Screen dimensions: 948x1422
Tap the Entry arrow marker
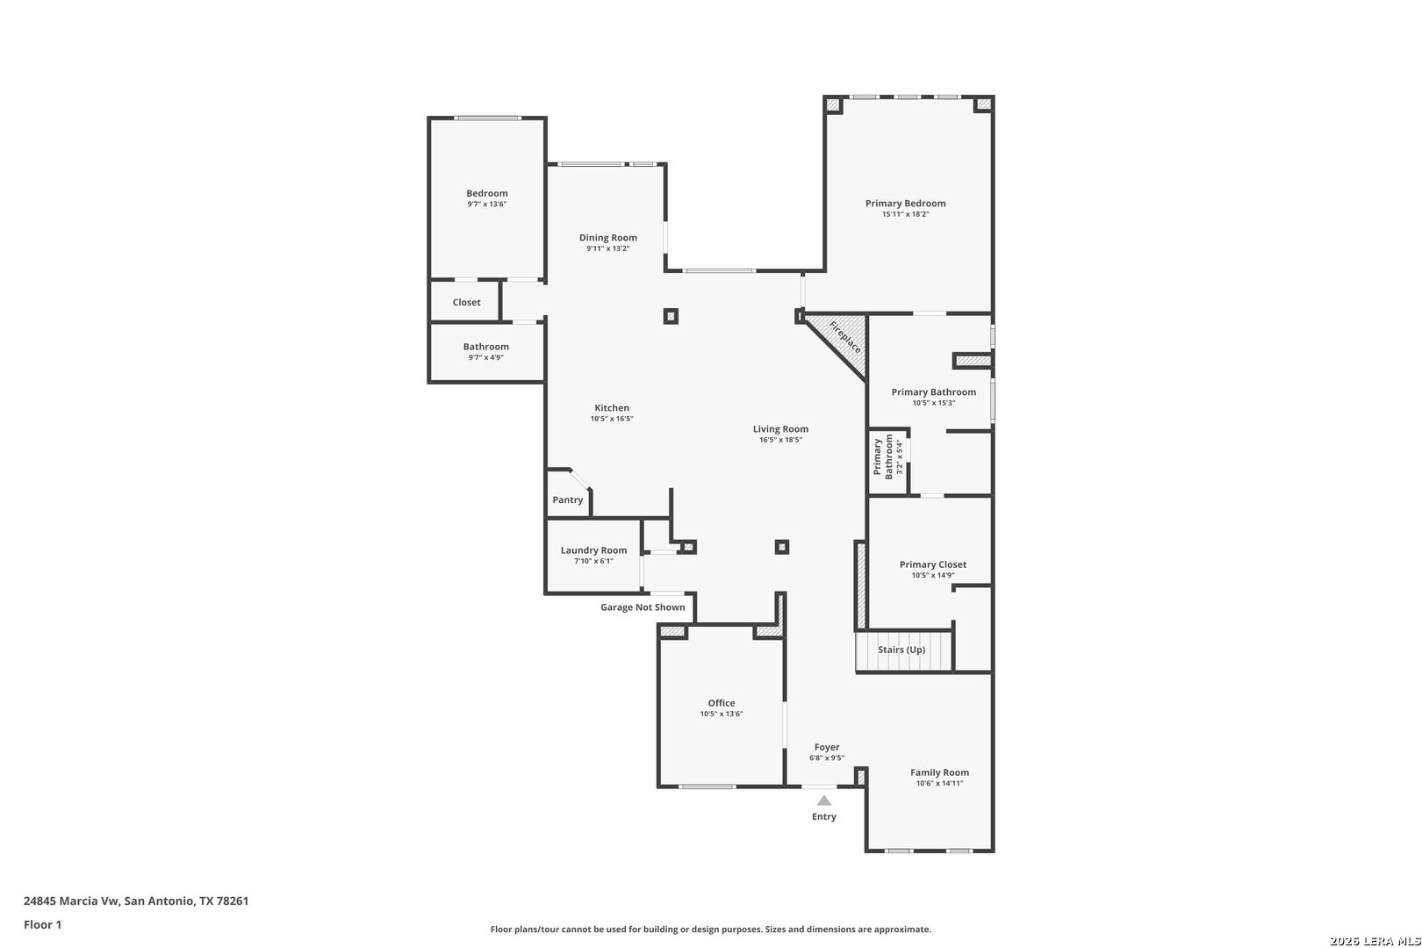tap(823, 801)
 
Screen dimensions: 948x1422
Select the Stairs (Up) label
tap(901, 650)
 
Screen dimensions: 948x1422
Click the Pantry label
tap(567, 500)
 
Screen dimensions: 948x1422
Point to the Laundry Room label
tap(593, 550)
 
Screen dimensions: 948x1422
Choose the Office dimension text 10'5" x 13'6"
tap(721, 715)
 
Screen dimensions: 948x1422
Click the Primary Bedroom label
tap(905, 204)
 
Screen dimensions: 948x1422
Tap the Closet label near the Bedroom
tap(466, 303)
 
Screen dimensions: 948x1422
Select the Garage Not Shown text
tap(643, 607)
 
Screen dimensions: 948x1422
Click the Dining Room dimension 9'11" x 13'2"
tap(607, 249)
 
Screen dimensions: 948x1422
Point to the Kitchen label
tap(612, 408)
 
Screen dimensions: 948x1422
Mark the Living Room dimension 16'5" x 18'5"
tap(780, 440)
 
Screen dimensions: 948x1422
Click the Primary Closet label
tap(932, 565)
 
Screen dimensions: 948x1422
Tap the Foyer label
tap(826, 748)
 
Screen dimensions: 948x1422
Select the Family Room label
tap(939, 773)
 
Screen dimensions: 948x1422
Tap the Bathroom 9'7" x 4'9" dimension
tap(485, 358)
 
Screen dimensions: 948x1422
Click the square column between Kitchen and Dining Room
tap(671, 316)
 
